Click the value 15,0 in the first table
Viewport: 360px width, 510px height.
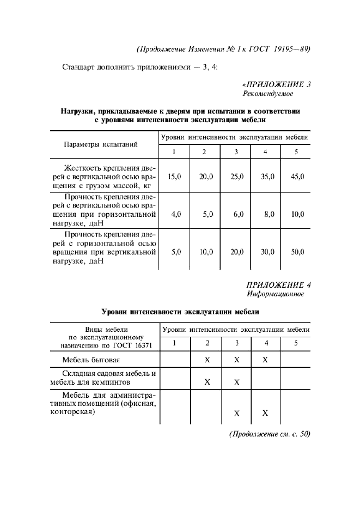click(x=174, y=177)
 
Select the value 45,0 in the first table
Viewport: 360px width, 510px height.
click(x=297, y=177)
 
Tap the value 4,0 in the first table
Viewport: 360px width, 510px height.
click(x=175, y=215)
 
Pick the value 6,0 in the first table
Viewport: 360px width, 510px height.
click(x=238, y=215)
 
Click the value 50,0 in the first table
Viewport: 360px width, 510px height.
click(x=297, y=252)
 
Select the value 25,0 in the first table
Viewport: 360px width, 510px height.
click(x=237, y=177)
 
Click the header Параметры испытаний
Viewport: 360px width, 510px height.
click(x=100, y=144)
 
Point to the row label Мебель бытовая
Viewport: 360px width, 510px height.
click(x=91, y=360)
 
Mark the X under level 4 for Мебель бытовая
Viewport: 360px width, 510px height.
click(x=266, y=360)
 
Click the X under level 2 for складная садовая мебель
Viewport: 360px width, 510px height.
click(x=207, y=381)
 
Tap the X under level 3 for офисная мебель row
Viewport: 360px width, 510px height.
click(x=237, y=413)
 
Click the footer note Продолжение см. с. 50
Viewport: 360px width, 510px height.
click(x=270, y=434)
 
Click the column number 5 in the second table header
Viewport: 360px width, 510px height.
click(x=296, y=343)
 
